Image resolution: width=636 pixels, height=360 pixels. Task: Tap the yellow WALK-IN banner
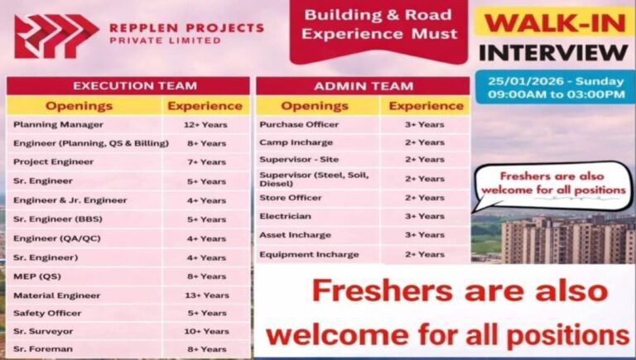point(555,22)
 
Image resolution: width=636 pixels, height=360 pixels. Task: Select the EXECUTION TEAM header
point(128,85)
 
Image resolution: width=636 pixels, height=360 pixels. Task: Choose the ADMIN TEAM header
point(363,85)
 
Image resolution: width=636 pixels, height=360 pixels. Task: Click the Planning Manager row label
point(58,125)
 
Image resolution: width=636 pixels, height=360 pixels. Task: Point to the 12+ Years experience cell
point(206,125)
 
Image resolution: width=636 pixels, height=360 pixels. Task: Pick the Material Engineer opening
point(57,295)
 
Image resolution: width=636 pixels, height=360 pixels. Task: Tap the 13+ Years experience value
point(206,295)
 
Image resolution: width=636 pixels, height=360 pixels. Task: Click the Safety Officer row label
point(47,314)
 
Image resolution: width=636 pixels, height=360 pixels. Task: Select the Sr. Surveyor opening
point(43,331)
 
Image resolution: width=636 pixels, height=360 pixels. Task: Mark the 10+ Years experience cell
point(206,331)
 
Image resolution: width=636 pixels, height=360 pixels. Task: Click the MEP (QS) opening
point(36,276)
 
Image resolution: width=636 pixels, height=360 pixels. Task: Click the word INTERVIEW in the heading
point(554,53)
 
